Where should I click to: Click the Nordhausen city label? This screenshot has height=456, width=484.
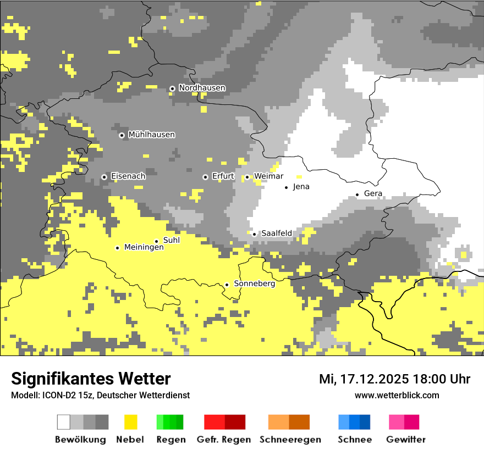[202, 88]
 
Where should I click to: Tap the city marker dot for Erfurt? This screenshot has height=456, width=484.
[205, 177]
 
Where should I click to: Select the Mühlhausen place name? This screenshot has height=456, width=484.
[151, 135]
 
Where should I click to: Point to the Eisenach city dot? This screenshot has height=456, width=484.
[104, 177]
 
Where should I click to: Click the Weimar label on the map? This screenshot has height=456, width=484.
[268, 176]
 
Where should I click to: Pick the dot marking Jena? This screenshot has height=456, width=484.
[286, 187]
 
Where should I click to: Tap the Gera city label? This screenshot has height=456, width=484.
[373, 194]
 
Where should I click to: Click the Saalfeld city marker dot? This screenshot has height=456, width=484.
[254, 234]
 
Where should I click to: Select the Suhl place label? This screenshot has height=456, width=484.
[171, 240]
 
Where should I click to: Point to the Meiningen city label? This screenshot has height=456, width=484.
[144, 248]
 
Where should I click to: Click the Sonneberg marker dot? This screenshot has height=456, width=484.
[227, 285]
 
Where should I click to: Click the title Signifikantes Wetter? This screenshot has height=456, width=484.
[91, 379]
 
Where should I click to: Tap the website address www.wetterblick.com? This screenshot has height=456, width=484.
[397, 396]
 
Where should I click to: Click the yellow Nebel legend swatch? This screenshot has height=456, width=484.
[131, 422]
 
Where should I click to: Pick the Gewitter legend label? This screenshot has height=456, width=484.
[405, 440]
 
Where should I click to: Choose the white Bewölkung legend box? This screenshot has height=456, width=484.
[64, 422]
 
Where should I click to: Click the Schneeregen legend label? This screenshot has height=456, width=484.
[290, 440]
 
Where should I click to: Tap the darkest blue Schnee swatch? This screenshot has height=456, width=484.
[365, 422]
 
